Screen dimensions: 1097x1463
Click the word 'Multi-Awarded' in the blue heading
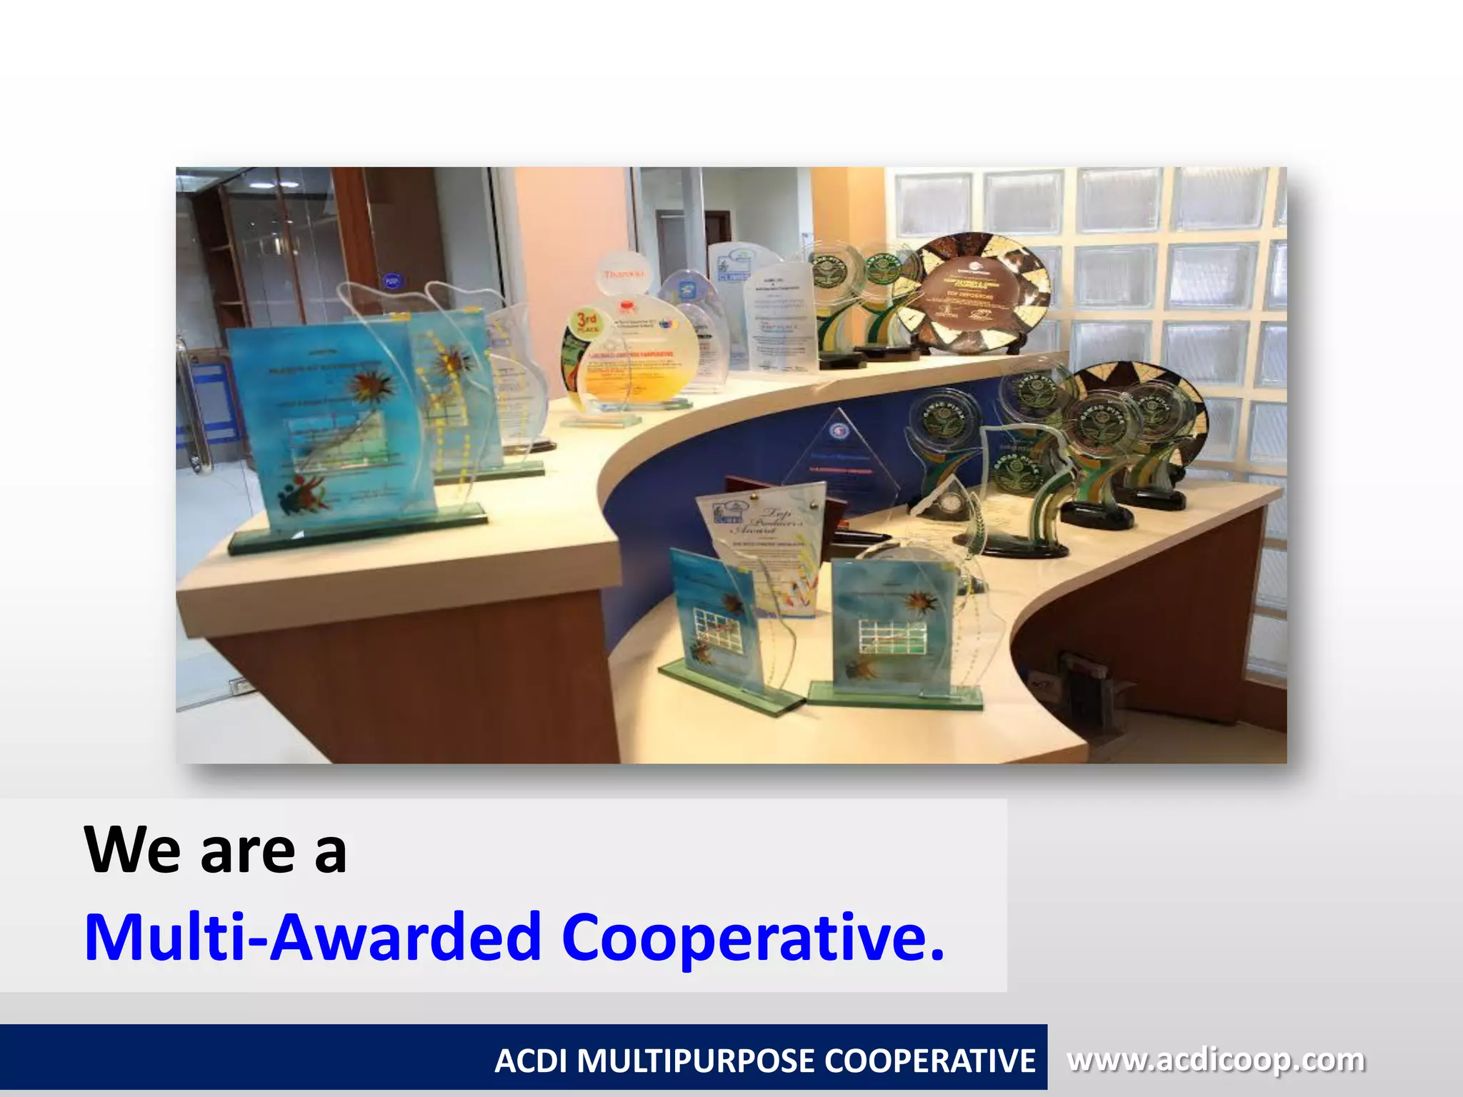click(313, 937)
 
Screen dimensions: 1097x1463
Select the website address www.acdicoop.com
click(1215, 1060)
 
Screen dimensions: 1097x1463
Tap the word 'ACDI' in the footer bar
click(530, 1061)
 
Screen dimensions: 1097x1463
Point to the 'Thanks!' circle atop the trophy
click(624, 273)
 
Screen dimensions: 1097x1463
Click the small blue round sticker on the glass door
click(391, 281)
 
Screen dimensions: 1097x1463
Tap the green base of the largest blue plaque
click(357, 533)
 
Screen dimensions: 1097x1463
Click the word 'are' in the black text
click(247, 851)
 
